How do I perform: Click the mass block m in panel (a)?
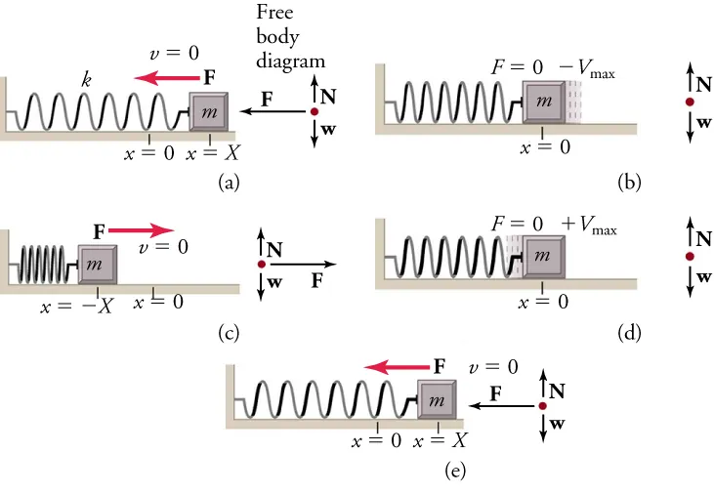click(x=208, y=112)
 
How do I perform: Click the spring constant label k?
click(x=86, y=80)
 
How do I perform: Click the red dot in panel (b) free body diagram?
click(x=690, y=101)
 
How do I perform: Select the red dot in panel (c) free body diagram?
click(x=261, y=264)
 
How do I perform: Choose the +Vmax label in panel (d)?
click(x=589, y=226)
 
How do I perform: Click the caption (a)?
click(x=228, y=181)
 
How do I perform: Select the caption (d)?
click(x=630, y=333)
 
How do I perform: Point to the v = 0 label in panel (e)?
click(x=493, y=367)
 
